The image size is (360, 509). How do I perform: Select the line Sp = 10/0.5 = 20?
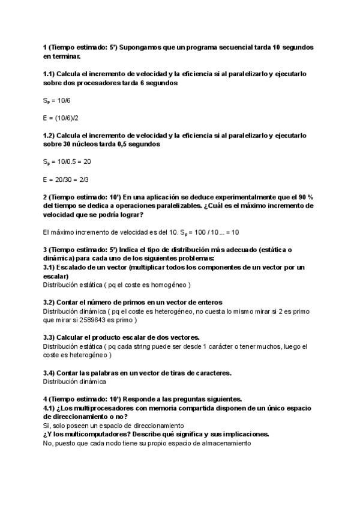pos(67,161)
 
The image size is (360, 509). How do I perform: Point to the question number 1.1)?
pos(50,74)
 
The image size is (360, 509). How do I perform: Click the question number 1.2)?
pos(50,136)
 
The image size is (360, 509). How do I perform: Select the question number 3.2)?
pos(50,302)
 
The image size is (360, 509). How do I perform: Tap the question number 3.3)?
pos(50,337)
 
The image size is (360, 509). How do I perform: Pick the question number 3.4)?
pos(50,373)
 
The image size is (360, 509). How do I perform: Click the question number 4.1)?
pos(50,408)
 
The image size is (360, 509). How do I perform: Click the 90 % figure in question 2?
pos(305,197)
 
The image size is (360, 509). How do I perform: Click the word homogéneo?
pos(169,285)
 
